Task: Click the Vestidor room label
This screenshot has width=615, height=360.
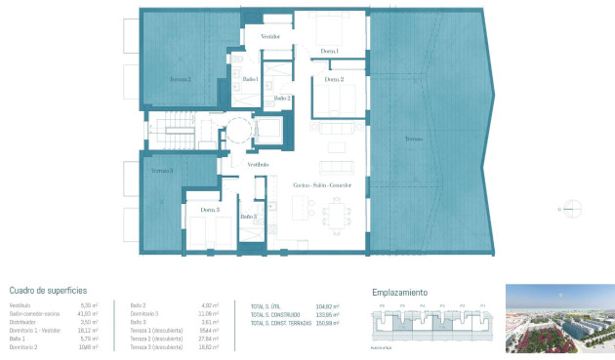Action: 270,36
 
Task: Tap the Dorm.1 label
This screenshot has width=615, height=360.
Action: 329,51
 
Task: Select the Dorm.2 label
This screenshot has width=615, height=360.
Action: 334,79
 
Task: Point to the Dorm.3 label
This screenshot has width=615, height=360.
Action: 210,210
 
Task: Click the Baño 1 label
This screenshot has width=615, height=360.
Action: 250,79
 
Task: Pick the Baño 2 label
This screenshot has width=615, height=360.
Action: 281,98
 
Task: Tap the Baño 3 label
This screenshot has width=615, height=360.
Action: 248,217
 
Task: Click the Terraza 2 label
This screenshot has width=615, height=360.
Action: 180,80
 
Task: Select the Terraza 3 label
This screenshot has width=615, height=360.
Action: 162,171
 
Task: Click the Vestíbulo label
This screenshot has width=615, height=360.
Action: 258,165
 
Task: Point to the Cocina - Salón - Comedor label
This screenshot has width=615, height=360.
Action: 321,184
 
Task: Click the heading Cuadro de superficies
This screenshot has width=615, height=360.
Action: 49,291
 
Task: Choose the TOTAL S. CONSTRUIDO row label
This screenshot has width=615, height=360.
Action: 274,315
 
